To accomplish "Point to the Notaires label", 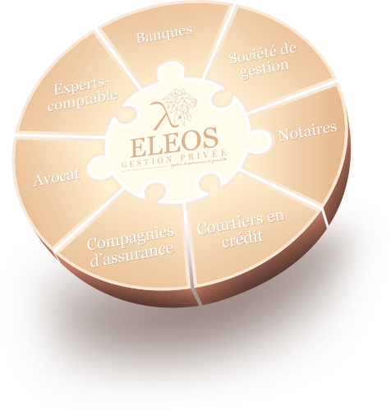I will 306,132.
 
